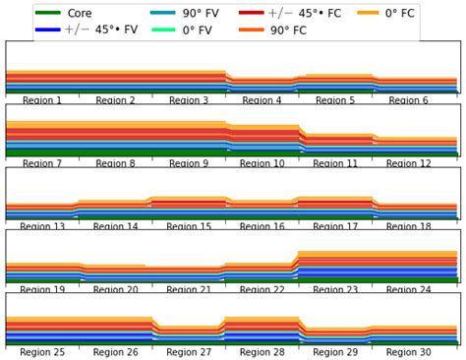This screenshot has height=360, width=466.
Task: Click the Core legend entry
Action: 80,14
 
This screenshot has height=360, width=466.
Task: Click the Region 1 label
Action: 42,101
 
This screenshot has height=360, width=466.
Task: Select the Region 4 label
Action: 262,101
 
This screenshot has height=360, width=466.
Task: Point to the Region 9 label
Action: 189,164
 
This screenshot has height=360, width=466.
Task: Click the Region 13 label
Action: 42,227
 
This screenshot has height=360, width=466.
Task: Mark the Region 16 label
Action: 262,227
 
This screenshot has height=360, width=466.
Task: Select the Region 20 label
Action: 116,290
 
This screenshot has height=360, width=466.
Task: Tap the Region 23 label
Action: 335,290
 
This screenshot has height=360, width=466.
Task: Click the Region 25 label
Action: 42,352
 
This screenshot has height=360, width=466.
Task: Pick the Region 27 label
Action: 189,352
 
